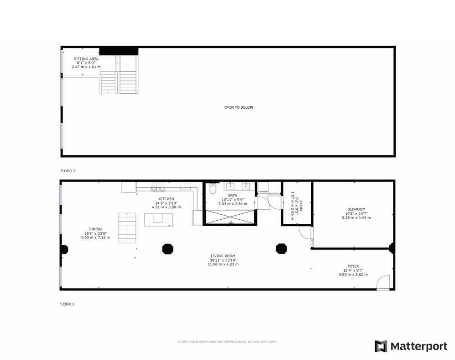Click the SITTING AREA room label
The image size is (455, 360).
tap(86, 59)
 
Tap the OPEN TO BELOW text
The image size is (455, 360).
tap(239, 107)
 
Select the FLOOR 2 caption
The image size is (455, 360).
tap(68, 171)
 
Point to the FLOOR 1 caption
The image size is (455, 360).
tap(67, 304)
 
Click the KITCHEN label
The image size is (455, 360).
tap(166, 199)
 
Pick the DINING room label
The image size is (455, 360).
tap(95, 229)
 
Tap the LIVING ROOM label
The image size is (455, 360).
tap(223, 256)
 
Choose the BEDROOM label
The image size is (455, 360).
tap(356, 209)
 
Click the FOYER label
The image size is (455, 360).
tap(353, 266)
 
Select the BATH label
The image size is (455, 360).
tap(233, 196)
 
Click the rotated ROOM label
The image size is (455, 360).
tap(301, 206)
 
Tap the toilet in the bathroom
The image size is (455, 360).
tap(213, 189)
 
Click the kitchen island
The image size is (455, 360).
tap(158, 220)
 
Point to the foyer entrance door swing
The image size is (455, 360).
tap(383, 282)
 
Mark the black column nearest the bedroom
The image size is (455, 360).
tap(281, 249)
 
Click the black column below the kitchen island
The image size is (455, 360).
tap(168, 249)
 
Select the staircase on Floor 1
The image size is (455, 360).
tap(127, 228)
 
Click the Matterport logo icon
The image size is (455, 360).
tap(381, 346)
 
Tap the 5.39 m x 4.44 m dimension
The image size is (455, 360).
tap(356, 217)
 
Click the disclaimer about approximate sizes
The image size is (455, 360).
tap(227, 342)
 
